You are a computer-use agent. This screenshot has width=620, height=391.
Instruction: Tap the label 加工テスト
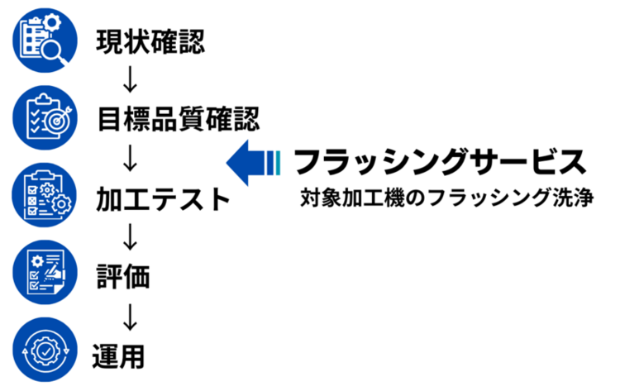[x=163, y=199]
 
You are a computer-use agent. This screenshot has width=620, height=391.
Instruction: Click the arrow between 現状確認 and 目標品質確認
[x=127, y=79]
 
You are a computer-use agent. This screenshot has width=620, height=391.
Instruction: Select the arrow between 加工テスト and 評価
[x=128, y=237]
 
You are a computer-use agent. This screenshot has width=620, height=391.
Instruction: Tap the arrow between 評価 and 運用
[x=128, y=316]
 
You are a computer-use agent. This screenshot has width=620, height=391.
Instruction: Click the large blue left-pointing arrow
[x=252, y=160]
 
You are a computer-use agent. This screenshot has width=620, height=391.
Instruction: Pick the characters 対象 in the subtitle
[x=318, y=199]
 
